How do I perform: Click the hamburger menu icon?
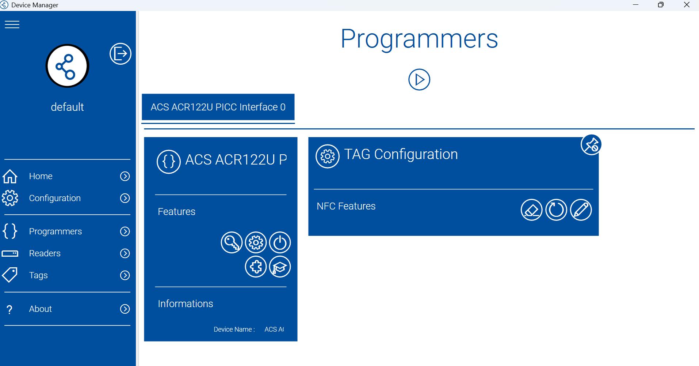pos(12,24)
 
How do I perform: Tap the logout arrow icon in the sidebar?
pos(121,54)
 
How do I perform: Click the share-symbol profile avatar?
pos(67,66)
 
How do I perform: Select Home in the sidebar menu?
pos(41,176)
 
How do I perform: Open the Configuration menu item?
pos(55,198)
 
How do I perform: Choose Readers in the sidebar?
pos(45,253)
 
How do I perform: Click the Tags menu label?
pos(38,275)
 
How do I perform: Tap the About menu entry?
pos(40,309)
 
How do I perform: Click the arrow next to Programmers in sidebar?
pos(125,231)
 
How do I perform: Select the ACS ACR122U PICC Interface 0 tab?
pos(218,107)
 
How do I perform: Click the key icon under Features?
pos(232,242)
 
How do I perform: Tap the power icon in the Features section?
pos(280,242)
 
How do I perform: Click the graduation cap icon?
pos(280,267)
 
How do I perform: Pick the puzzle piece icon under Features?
pos(256,267)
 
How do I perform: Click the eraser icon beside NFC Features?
pos(531,210)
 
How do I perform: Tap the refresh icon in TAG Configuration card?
pos(556,210)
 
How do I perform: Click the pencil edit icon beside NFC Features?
pos(581,210)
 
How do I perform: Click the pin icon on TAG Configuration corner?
pos(591,145)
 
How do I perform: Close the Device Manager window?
pos(687,5)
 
